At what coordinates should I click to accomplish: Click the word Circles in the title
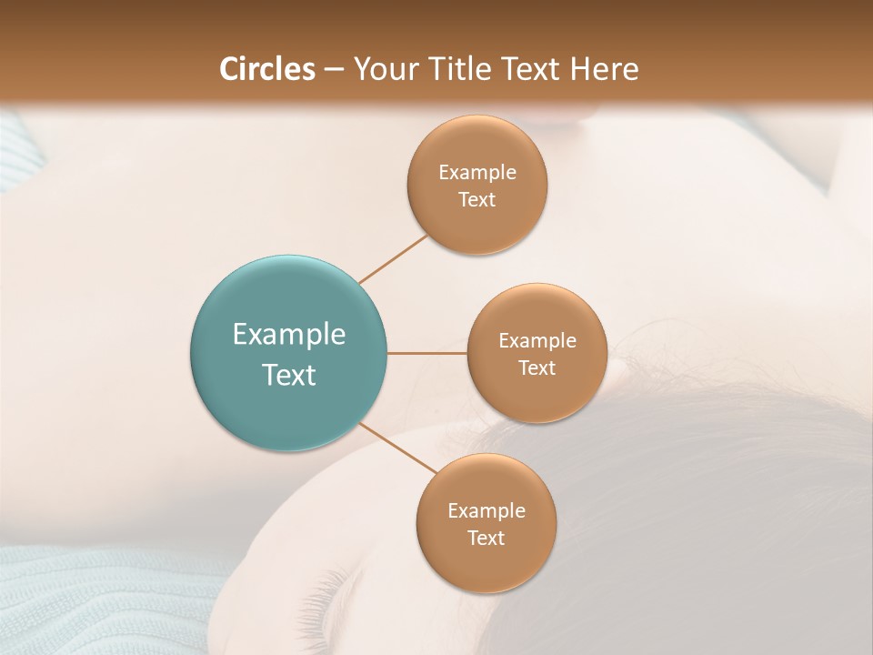click(x=267, y=69)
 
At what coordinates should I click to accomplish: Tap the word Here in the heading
click(x=606, y=69)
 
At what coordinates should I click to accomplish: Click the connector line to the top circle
click(x=393, y=258)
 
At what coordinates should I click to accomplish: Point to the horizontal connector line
click(x=427, y=353)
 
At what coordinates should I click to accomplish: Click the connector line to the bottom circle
click(x=398, y=448)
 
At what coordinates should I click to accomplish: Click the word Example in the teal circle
click(x=289, y=335)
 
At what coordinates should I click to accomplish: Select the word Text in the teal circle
click(x=289, y=375)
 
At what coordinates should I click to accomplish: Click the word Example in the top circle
click(x=477, y=173)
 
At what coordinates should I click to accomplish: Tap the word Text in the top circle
click(x=477, y=200)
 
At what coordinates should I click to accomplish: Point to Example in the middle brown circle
click(x=537, y=341)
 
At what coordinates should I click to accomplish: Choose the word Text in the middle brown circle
click(x=537, y=368)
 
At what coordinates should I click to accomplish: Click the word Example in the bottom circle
click(x=487, y=511)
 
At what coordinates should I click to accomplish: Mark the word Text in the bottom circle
click(x=487, y=539)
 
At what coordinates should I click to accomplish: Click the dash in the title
click(x=334, y=70)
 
